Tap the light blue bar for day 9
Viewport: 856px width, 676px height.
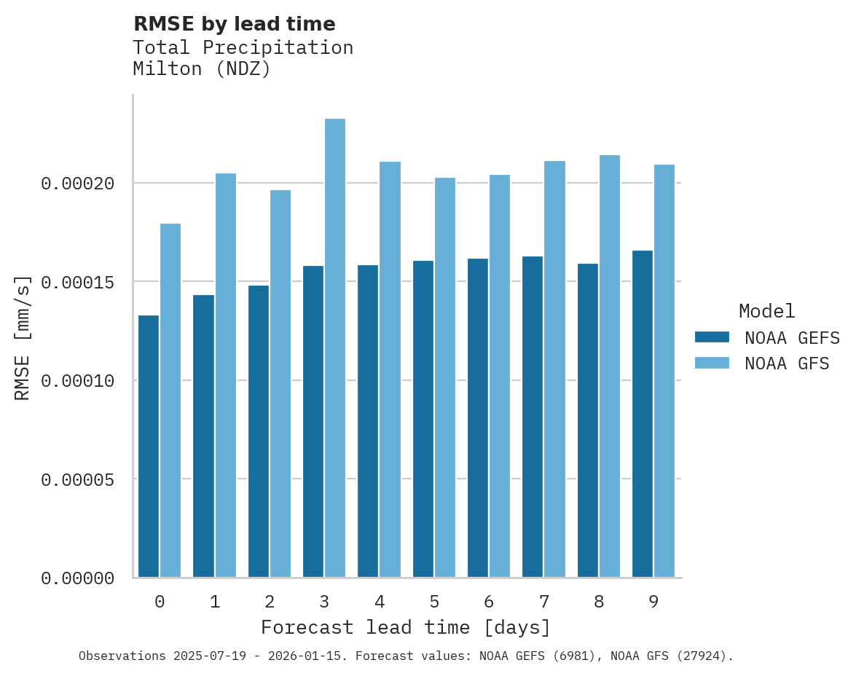[664, 371]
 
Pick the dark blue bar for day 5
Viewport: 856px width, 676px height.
[423, 419]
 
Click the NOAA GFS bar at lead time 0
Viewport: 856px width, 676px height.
[170, 401]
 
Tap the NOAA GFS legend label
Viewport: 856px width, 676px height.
[787, 363]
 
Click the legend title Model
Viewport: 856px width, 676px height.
[766, 311]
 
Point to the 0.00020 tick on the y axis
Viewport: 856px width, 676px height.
[78, 184]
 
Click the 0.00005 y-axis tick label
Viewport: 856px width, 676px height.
[78, 480]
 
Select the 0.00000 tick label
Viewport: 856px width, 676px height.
[78, 578]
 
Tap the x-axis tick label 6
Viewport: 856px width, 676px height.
[489, 602]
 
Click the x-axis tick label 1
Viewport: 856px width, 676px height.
[215, 602]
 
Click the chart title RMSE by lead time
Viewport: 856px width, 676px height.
[235, 24]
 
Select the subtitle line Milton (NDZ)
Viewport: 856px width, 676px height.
[202, 69]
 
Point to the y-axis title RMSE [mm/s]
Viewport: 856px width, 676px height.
[23, 337]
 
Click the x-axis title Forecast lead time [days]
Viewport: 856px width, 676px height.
[406, 627]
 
